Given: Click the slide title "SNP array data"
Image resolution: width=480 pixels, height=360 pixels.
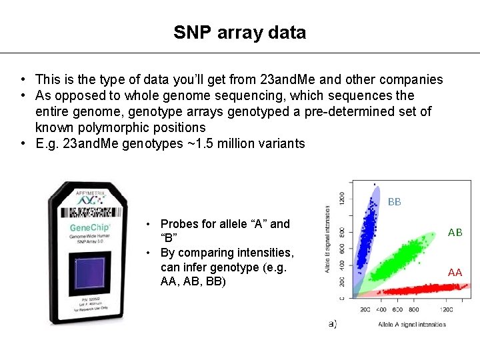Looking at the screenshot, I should point(240,32).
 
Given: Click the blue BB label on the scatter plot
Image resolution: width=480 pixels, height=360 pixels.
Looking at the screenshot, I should point(395,201).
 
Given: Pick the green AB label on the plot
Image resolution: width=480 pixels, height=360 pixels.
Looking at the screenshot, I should point(455,233).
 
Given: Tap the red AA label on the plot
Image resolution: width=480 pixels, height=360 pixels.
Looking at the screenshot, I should point(455,272).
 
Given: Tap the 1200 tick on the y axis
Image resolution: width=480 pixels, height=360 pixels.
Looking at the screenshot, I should point(343,198).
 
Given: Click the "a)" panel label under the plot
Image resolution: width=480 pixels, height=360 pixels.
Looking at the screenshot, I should point(332,323).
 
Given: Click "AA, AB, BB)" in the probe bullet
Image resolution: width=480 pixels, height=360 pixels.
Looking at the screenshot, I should point(193,282).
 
